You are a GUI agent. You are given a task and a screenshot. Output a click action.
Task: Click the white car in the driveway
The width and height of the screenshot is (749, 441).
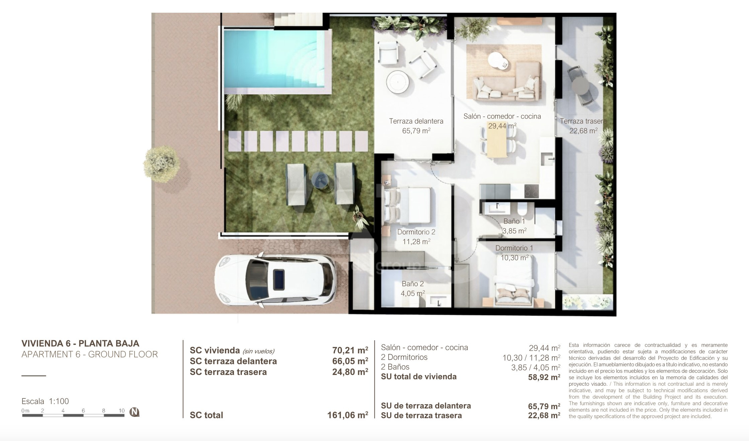tap(275, 280)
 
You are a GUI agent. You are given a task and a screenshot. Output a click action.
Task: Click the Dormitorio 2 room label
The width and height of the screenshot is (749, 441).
tap(416, 232)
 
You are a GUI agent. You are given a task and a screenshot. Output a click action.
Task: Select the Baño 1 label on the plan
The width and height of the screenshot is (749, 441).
tap(514, 221)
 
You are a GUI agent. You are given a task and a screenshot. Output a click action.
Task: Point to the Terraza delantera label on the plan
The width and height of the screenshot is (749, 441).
tap(416, 121)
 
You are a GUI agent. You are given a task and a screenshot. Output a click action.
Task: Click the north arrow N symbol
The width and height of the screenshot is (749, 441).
tap(135, 412)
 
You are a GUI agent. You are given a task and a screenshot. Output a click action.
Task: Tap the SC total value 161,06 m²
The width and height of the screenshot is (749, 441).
tap(347, 415)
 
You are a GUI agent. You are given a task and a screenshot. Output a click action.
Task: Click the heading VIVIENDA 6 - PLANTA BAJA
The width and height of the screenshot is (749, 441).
tap(80, 343)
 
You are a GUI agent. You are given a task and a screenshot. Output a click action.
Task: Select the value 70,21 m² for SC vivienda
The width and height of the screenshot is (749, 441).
tap(350, 350)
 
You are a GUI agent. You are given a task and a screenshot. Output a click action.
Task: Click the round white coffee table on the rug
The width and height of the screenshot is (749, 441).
tap(498, 61)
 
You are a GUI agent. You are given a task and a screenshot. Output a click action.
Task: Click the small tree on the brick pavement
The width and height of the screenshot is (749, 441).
tap(161, 164)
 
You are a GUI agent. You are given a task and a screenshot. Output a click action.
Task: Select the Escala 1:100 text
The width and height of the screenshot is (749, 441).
tap(45, 401)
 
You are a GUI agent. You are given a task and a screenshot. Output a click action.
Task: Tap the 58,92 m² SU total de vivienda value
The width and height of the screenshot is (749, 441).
tap(544, 377)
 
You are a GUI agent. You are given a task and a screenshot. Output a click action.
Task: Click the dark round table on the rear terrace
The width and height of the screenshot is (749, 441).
tap(581, 87)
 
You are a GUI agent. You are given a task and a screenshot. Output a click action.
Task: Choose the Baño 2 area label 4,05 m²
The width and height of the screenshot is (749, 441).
tap(413, 294)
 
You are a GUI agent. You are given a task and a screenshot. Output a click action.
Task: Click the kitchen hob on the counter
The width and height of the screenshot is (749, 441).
tap(531, 192)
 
